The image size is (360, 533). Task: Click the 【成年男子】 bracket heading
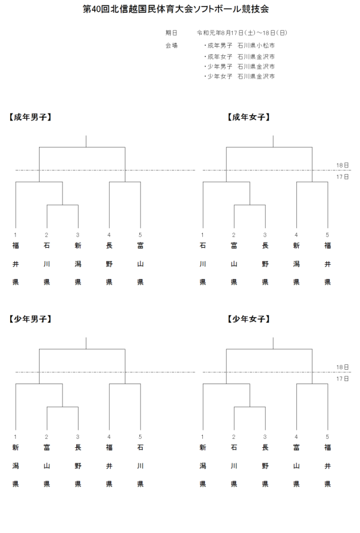click(x=30, y=117)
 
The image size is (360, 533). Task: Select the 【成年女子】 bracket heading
click(x=248, y=117)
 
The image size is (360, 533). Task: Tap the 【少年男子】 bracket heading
click(x=30, y=319)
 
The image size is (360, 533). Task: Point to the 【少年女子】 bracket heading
click(x=248, y=319)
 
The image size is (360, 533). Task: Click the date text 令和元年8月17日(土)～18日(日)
click(x=242, y=32)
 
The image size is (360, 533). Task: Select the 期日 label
click(x=171, y=32)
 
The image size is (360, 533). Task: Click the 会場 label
click(x=171, y=45)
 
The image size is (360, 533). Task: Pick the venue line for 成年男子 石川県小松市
click(x=239, y=45)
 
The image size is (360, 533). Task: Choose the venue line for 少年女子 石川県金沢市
click(x=239, y=77)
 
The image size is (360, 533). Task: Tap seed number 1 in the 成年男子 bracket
click(x=16, y=234)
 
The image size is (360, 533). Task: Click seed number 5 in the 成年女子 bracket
click(x=327, y=234)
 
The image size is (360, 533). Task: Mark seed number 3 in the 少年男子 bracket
click(x=78, y=436)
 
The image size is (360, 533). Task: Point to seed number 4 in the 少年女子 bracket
click(x=296, y=436)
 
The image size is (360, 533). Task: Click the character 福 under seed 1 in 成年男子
click(x=16, y=245)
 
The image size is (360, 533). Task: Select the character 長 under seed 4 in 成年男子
click(x=109, y=245)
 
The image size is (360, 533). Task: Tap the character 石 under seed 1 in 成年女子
click(x=203, y=245)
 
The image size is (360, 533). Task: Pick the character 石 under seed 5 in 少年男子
click(x=140, y=447)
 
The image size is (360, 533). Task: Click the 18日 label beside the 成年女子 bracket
click(x=343, y=164)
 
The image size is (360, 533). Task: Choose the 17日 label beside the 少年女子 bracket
click(x=343, y=379)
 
